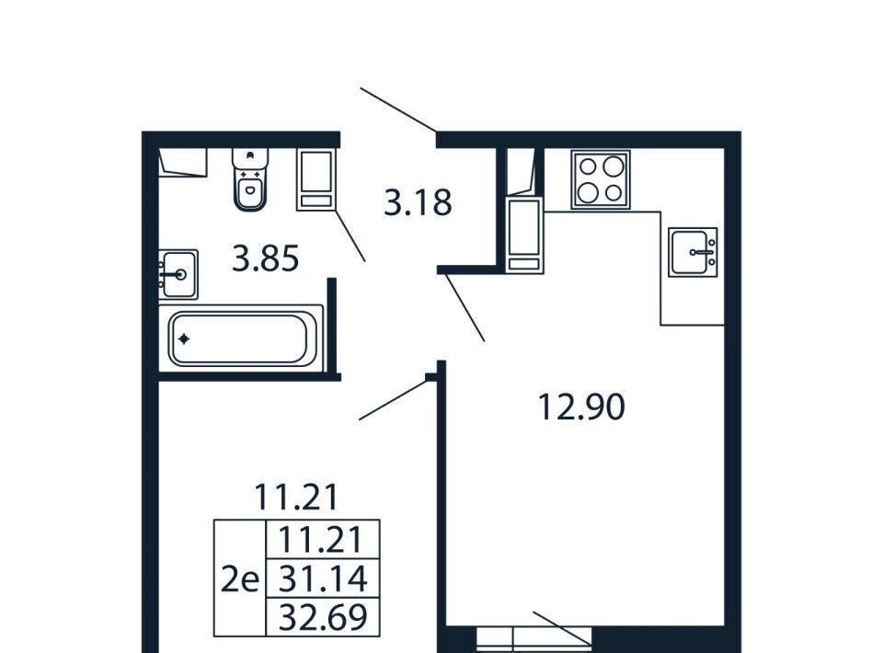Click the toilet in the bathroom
point(250,179)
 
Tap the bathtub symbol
point(240,338)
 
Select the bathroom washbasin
point(178,274)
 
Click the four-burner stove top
point(601,179)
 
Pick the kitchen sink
point(693,252)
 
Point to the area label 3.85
point(265,259)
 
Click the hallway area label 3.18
point(418,202)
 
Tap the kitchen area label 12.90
point(581,407)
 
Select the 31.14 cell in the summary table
point(323,579)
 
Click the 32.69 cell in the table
point(323,617)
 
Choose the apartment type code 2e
point(239,579)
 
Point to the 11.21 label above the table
point(296,497)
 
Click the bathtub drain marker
point(184,338)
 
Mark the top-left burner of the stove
point(588,166)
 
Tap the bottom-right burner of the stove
point(614,193)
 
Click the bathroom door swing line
point(350,236)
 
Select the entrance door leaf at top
point(398,109)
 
